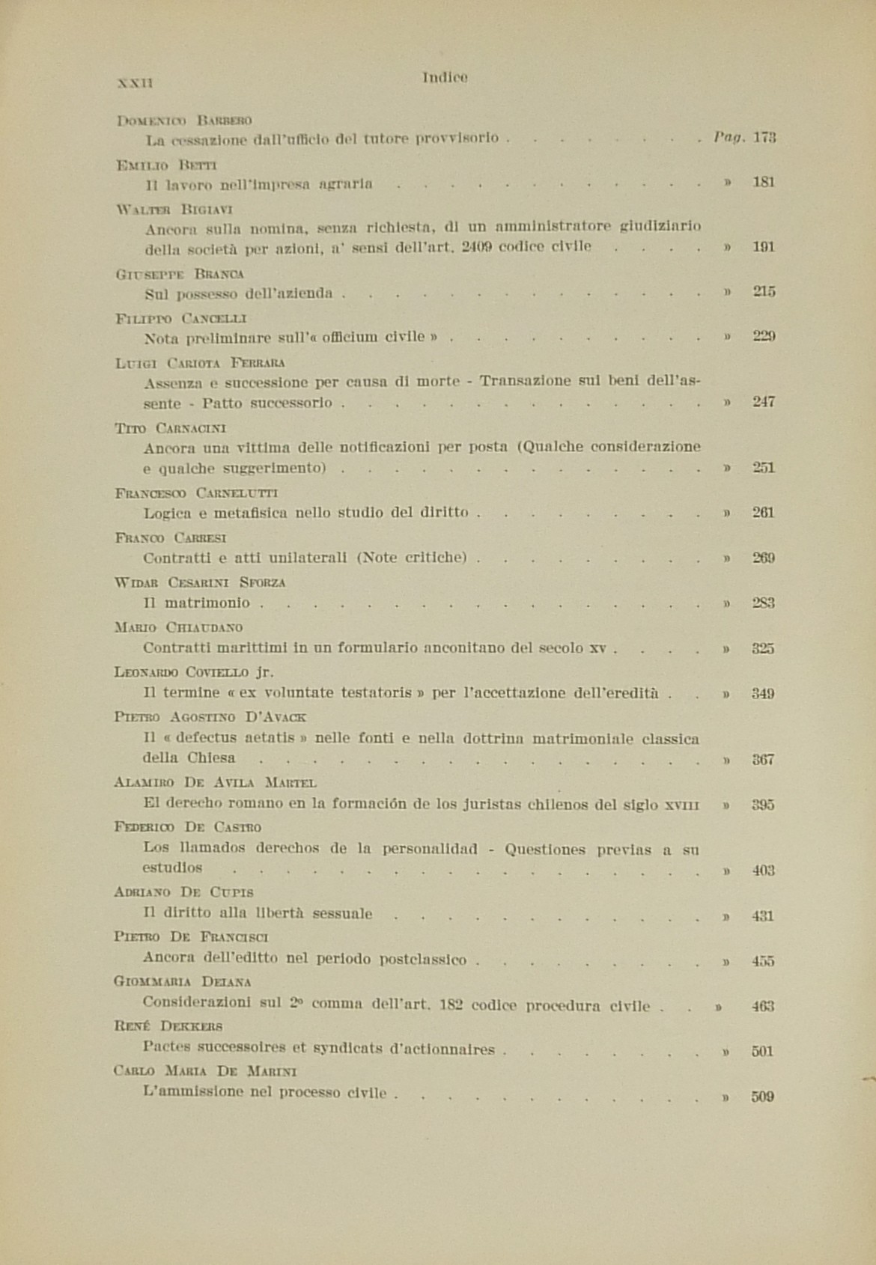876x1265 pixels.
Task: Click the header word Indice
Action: point(445,76)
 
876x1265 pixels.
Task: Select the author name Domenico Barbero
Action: point(184,120)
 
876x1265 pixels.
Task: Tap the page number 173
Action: point(764,138)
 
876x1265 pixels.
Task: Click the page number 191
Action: point(764,247)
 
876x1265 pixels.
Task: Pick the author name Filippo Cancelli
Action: point(181,318)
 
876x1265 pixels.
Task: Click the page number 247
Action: point(764,402)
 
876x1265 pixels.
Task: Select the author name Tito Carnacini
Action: point(171,428)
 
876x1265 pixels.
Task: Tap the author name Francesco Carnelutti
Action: point(197,493)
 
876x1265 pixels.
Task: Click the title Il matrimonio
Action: point(196,603)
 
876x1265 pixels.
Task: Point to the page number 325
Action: point(764,648)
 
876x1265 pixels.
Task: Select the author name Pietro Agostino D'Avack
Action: point(210,716)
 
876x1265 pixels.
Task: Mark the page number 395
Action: point(764,805)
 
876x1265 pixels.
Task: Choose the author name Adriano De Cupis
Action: point(184,891)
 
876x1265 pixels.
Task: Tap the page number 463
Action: point(764,1007)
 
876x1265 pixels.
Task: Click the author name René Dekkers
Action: point(168,1025)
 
